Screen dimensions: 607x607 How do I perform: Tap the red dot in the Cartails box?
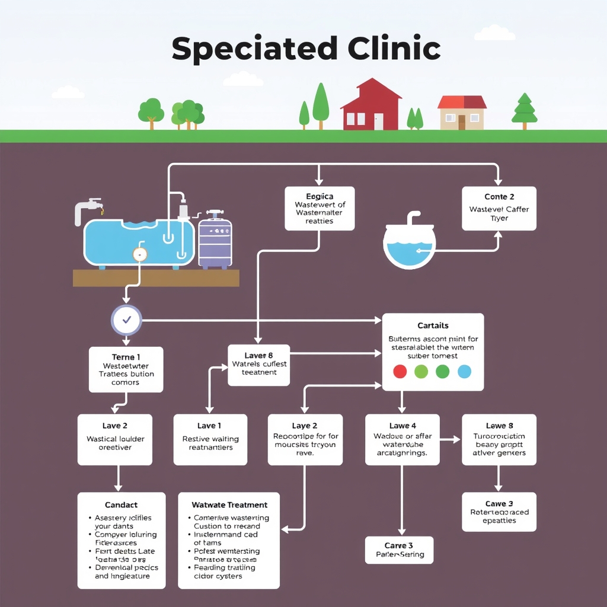tap(400, 372)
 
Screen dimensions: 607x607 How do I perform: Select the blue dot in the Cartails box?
tap(464, 372)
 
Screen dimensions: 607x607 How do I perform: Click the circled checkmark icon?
tap(126, 321)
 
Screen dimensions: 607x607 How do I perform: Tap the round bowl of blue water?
tap(410, 245)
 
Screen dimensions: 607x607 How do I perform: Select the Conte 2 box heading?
tap(499, 197)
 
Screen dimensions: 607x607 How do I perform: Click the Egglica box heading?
tap(320, 196)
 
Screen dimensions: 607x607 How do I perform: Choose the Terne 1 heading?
tap(126, 357)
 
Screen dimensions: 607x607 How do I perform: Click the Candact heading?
tap(121, 505)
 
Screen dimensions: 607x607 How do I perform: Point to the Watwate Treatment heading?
tap(229, 505)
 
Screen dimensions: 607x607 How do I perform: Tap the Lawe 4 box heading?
tap(402, 426)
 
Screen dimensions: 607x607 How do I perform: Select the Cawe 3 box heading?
tap(499, 504)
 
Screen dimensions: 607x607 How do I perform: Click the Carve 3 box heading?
tap(398, 545)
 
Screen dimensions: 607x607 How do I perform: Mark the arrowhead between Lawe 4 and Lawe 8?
tap(457, 440)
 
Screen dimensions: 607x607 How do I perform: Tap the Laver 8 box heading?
tap(258, 356)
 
